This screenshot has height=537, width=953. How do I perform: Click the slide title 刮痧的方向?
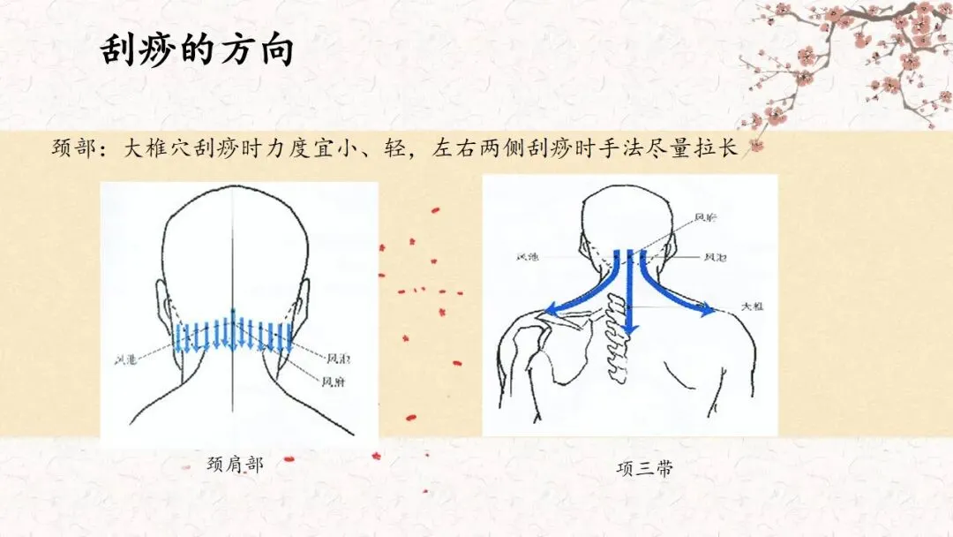196,51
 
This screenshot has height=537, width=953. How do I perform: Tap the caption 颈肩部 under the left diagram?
234,463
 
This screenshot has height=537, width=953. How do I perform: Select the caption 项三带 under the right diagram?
644,468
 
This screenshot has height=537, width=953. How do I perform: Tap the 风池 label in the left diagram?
126,359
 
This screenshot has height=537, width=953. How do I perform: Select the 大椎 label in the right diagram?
752,306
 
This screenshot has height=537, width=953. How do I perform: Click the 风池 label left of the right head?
529,258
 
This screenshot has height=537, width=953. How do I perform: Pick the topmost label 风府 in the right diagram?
706,216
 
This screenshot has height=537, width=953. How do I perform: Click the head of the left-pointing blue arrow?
550,309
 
